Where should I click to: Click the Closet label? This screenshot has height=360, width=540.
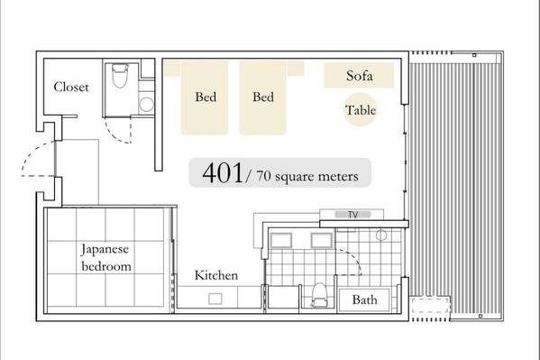tap(71, 87)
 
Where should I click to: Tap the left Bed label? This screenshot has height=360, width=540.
tap(206, 97)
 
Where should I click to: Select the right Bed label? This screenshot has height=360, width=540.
tap(263, 97)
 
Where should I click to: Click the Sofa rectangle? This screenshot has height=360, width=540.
tap(359, 76)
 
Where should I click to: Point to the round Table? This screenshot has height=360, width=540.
tap(361, 110)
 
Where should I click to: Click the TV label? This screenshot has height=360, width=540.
tap(352, 215)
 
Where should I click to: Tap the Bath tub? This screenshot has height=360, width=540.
tap(364, 300)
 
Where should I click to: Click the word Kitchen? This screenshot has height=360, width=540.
tap(216, 275)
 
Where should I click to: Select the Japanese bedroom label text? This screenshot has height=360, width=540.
tap(105, 257)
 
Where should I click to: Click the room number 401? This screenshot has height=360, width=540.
tap(223, 172)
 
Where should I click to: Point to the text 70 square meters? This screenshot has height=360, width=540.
tap(307, 177)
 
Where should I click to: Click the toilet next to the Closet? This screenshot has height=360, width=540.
tap(120, 76)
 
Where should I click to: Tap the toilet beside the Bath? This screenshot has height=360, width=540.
tap(318, 294)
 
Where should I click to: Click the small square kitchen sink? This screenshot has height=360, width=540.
tap(215, 299)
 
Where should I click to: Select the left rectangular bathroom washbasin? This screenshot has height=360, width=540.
tap(281, 240)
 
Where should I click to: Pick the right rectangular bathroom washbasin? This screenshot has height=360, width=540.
tap(321, 240)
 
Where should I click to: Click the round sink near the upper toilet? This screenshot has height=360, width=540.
tap(146, 104)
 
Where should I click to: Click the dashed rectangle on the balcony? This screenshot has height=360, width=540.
tap(430, 305)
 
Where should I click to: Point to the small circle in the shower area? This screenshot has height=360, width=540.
tap(381, 235)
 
